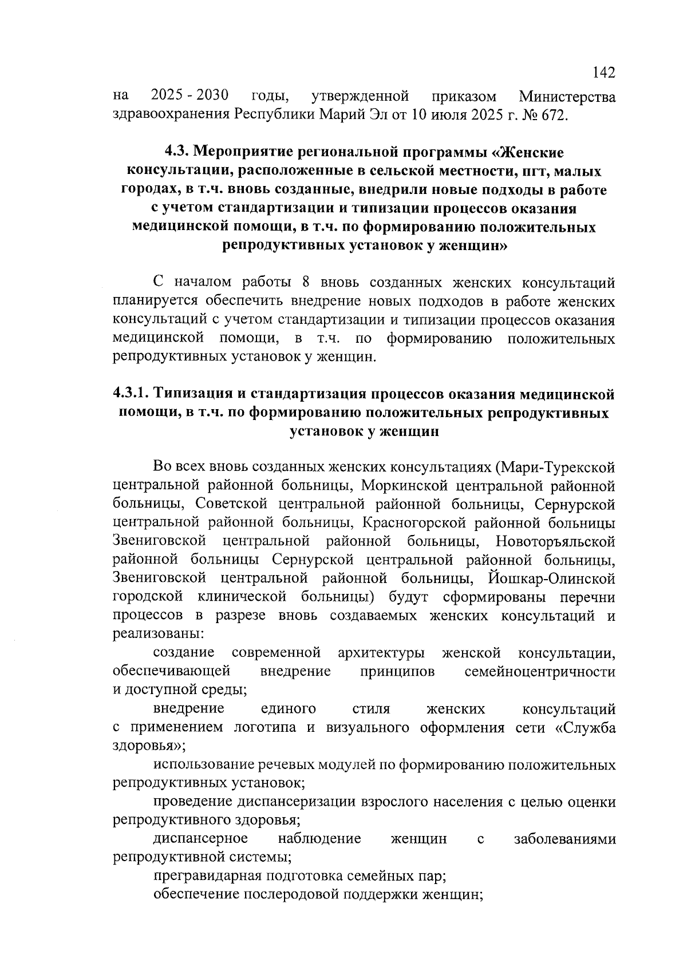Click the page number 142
[604, 73]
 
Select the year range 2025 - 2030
[190, 94]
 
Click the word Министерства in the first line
[566, 96]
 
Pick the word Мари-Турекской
[555, 467]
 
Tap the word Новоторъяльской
[555, 541]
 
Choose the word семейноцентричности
[540, 671]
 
